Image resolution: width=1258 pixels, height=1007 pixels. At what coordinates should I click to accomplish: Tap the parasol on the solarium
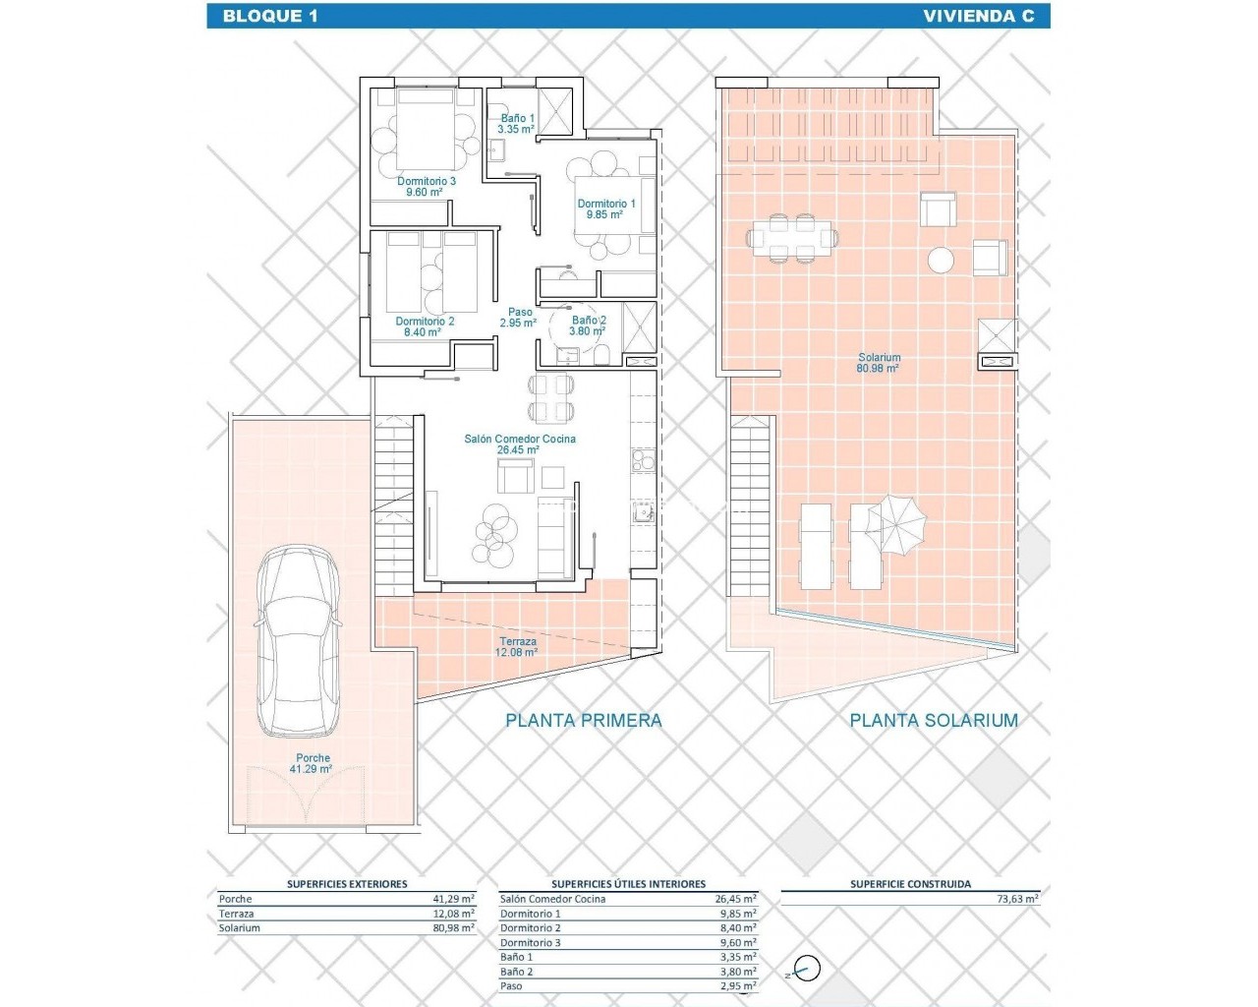point(896,525)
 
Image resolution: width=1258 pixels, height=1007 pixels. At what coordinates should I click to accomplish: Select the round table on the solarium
point(941,260)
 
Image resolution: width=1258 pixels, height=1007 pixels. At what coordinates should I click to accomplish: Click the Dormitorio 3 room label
point(427,186)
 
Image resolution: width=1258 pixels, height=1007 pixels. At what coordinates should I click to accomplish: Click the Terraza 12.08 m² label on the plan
point(518,646)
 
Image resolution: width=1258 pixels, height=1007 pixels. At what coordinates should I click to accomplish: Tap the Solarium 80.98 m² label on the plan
point(879,362)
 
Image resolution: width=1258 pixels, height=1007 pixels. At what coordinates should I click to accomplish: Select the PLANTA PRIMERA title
point(584,720)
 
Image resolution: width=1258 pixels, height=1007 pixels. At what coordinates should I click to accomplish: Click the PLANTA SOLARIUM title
point(934,720)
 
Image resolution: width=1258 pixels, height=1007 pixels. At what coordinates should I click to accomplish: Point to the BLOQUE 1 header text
point(270,16)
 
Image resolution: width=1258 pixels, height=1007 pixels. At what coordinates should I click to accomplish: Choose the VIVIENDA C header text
point(978,16)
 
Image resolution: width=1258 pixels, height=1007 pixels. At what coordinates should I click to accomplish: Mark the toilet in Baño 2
point(602,355)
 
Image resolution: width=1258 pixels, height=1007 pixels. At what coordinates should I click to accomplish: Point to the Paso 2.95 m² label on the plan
point(518,317)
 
